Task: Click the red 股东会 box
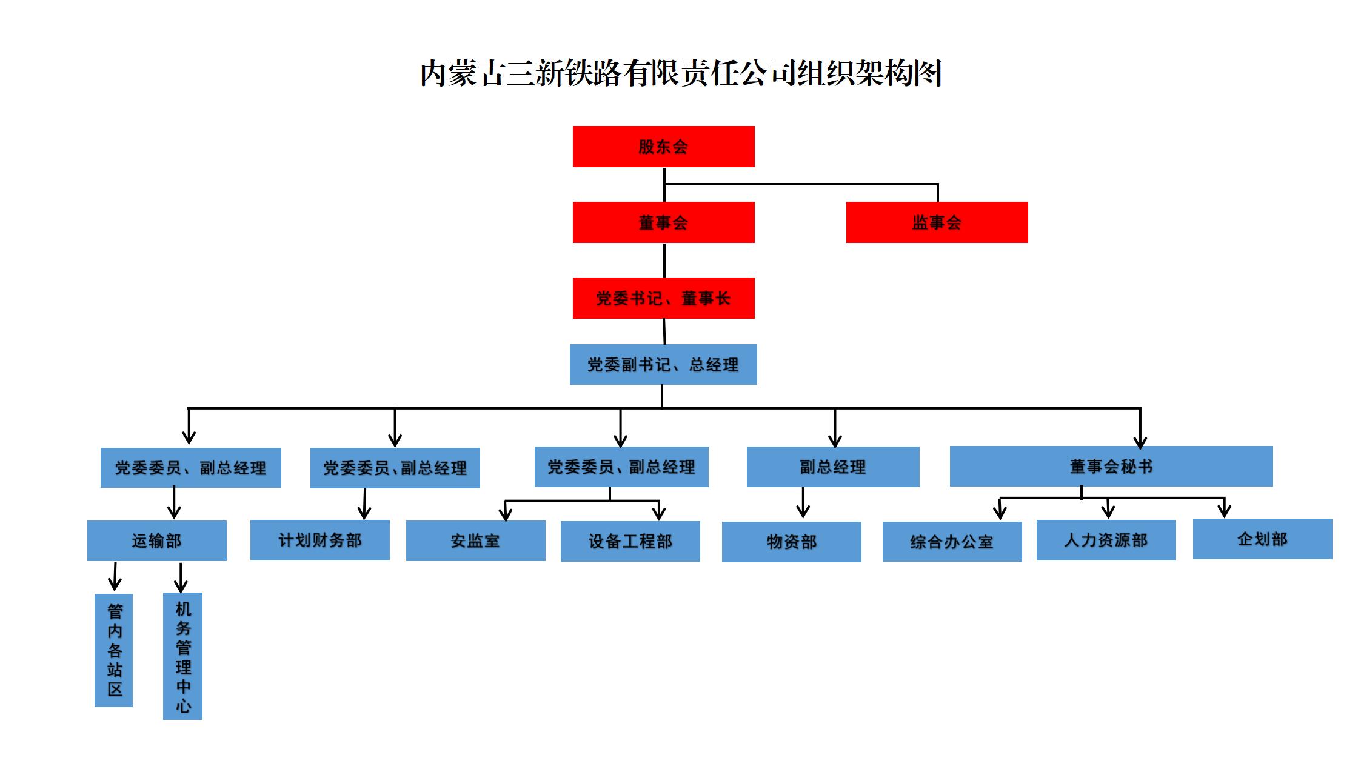(663, 147)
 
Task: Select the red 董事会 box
(663, 222)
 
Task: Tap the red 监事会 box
(937, 222)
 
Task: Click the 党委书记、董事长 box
(663, 298)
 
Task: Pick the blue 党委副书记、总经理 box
(663, 364)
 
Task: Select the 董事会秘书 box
(1111, 466)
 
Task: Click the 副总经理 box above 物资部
(832, 467)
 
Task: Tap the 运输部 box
(156, 540)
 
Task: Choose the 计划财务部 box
(319, 540)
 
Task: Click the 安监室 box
(475, 540)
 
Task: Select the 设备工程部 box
(630, 541)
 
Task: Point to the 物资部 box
(791, 542)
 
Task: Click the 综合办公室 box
(952, 542)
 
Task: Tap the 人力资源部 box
(1106, 540)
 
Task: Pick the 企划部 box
(1262, 539)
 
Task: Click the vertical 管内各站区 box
(113, 650)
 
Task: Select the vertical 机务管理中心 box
(182, 656)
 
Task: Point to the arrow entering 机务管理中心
(181, 578)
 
